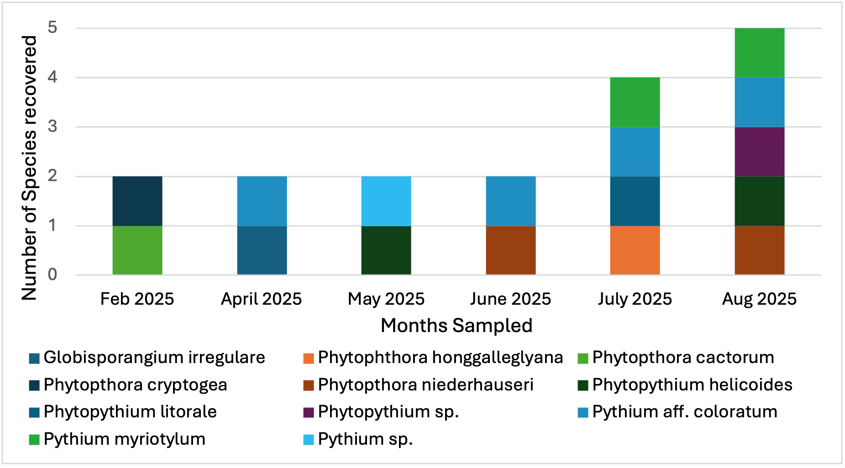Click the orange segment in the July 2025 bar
point(635,250)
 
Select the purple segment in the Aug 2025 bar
point(759,151)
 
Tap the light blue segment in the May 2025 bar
point(386,201)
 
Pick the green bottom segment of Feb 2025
point(137,250)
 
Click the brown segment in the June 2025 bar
point(510,250)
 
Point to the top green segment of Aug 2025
point(759,52)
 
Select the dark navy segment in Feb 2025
point(137,201)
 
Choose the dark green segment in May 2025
point(386,250)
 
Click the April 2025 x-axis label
point(261,299)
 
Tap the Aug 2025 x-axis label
point(759,299)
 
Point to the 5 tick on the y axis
point(52,28)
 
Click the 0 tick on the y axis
point(52,275)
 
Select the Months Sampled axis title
point(457,326)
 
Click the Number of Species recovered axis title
point(29,168)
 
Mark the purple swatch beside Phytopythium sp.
point(309,412)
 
